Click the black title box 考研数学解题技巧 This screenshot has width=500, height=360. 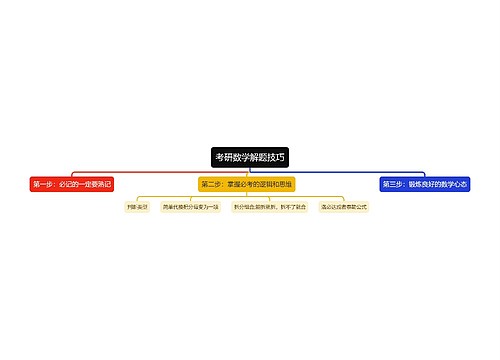[x=249, y=157]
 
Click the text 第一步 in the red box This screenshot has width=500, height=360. [x=44, y=184]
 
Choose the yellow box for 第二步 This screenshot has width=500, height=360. [x=246, y=184]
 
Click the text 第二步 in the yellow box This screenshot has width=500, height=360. [x=212, y=184]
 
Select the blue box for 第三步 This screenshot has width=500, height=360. [x=424, y=184]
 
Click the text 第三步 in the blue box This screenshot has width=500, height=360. [x=395, y=184]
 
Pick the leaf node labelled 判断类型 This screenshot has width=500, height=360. [x=137, y=207]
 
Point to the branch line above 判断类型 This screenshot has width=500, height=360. [x=137, y=198]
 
